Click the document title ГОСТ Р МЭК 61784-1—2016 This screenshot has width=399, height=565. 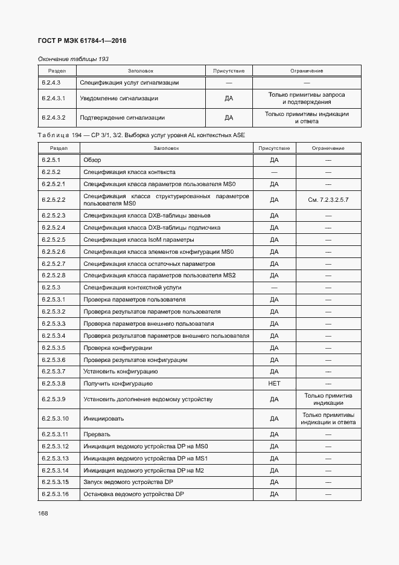[83, 41]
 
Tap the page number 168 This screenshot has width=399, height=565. [43, 513]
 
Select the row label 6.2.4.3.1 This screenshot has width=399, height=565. [54, 98]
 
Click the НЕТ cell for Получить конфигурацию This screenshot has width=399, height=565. [274, 384]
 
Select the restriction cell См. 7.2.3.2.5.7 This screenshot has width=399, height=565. [328, 199]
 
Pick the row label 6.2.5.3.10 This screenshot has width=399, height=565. [56, 418]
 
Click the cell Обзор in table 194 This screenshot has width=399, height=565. [92, 160]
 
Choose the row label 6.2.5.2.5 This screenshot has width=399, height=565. [54, 240]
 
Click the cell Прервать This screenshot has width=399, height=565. [97, 434]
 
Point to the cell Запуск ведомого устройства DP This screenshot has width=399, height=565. [129, 482]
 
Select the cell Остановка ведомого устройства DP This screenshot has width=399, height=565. [133, 494]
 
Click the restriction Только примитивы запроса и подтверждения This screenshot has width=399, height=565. [307, 98]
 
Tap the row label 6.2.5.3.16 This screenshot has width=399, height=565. [56, 494]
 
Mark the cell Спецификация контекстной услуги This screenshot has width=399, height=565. [132, 288]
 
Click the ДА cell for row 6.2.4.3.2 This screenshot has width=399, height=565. [229, 118]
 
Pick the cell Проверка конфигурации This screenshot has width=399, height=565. [118, 348]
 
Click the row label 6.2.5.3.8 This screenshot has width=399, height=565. [54, 384]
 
